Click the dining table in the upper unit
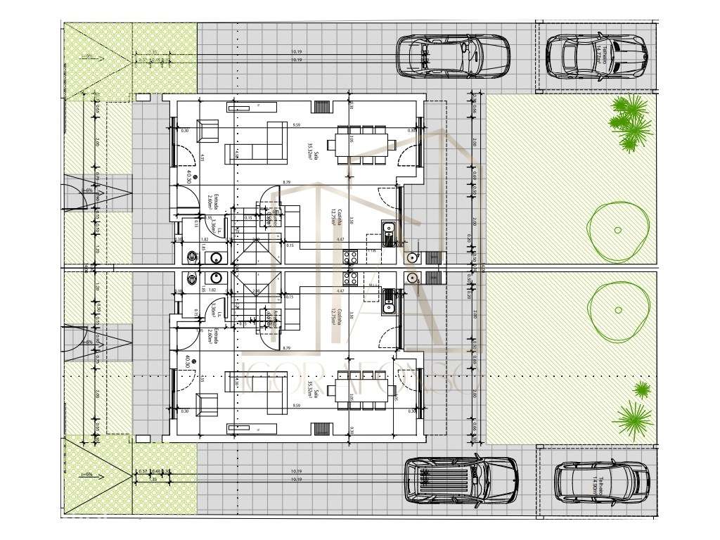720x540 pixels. (x=361, y=145)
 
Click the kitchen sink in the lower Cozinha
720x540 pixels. (x=387, y=300)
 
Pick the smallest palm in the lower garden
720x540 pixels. (x=641, y=389)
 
